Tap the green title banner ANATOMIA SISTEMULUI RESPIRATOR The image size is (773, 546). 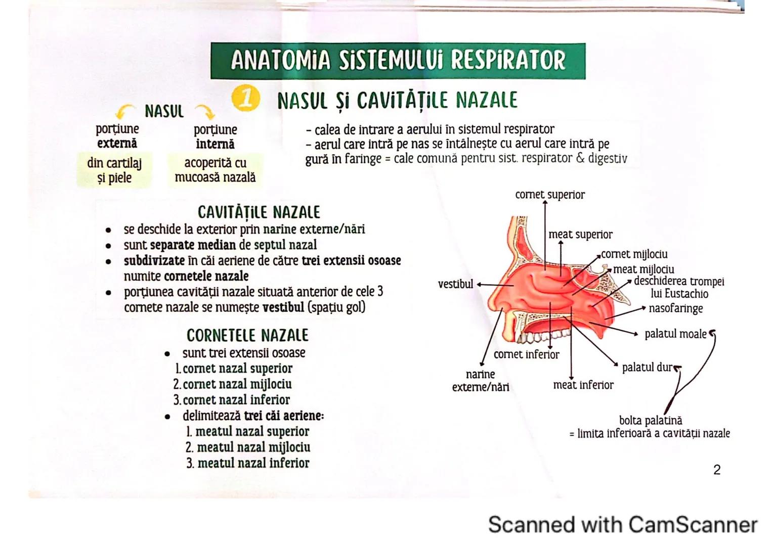398,61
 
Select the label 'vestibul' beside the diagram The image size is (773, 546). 455,284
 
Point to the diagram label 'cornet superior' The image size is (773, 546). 549,195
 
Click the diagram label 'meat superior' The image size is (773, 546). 580,235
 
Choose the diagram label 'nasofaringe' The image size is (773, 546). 675,308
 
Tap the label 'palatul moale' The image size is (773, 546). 675,334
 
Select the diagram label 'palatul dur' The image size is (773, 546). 647,367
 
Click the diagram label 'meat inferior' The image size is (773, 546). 583,385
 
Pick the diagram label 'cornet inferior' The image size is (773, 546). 526,354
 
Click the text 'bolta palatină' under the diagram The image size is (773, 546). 650,420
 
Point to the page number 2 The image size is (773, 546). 716,470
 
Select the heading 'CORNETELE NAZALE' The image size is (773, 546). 247,335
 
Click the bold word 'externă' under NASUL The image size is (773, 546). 117,144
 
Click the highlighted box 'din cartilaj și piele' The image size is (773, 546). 114,170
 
